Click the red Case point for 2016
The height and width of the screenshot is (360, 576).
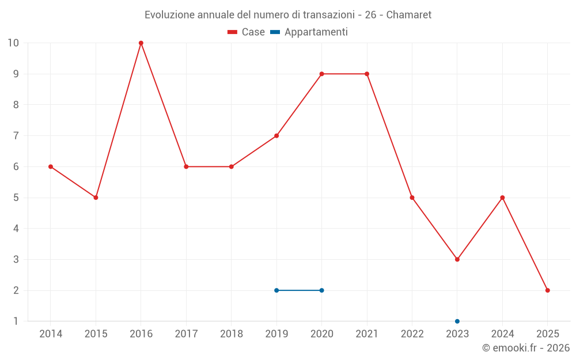pos(141,43)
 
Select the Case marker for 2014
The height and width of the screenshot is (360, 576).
pos(51,166)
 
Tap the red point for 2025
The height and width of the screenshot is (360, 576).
pos(547,290)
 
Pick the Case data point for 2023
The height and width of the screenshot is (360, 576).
pos(457,259)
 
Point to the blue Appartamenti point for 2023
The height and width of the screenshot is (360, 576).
pos(457,321)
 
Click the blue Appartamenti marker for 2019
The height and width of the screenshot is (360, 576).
pos(276,290)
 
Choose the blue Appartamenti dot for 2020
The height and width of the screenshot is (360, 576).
pos(321,290)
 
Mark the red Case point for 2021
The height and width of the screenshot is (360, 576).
pos(367,74)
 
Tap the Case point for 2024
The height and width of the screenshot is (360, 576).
pos(502,198)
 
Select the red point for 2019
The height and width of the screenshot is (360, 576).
pos(276,136)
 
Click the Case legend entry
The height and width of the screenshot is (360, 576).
pos(247,32)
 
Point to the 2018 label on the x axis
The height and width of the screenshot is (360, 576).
pos(231,334)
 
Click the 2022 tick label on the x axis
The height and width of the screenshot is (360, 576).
pos(412,334)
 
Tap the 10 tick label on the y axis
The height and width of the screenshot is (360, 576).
pos(13,43)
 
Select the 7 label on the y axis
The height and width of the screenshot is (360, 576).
pos(16,136)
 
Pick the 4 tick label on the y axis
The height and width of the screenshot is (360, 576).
pos(16,229)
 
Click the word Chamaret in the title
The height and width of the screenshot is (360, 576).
pos(409,14)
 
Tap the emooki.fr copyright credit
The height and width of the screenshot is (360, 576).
pos(526,348)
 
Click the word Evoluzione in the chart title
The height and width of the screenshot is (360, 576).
pos(169,14)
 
